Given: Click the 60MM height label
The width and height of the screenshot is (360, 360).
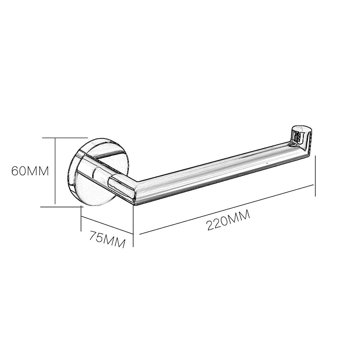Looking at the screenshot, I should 30,172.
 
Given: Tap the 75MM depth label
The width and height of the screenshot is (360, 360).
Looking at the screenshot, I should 107,238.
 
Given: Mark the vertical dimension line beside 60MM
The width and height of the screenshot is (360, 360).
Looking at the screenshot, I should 55,171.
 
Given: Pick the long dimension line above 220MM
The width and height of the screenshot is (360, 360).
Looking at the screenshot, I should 227,210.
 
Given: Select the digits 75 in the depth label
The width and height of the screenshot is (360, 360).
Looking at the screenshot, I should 97,236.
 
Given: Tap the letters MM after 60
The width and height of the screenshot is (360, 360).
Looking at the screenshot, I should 39,172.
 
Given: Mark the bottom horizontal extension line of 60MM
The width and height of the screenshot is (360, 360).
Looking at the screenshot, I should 61,207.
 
